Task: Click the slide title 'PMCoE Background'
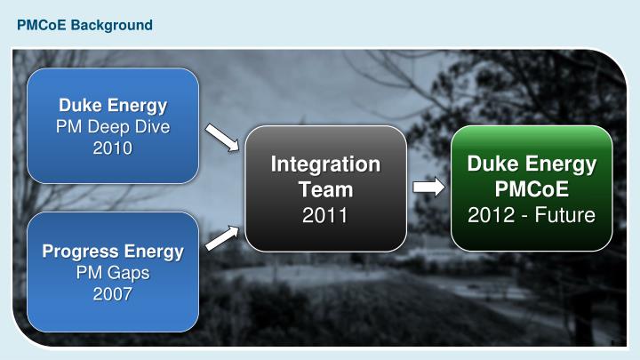coord(84,25)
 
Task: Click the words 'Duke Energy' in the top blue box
coord(113,106)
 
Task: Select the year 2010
coord(113,147)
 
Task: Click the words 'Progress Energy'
coord(113,251)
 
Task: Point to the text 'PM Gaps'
coord(113,271)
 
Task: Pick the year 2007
coord(113,292)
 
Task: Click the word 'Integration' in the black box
coord(324,164)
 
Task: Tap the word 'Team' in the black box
coord(324,189)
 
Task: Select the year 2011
coord(324,214)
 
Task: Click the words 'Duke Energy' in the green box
coord(532,164)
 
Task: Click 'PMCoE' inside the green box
coord(532,189)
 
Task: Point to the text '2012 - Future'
coord(532,214)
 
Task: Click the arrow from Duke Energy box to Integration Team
coord(222,139)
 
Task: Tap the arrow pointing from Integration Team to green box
coord(428,188)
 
